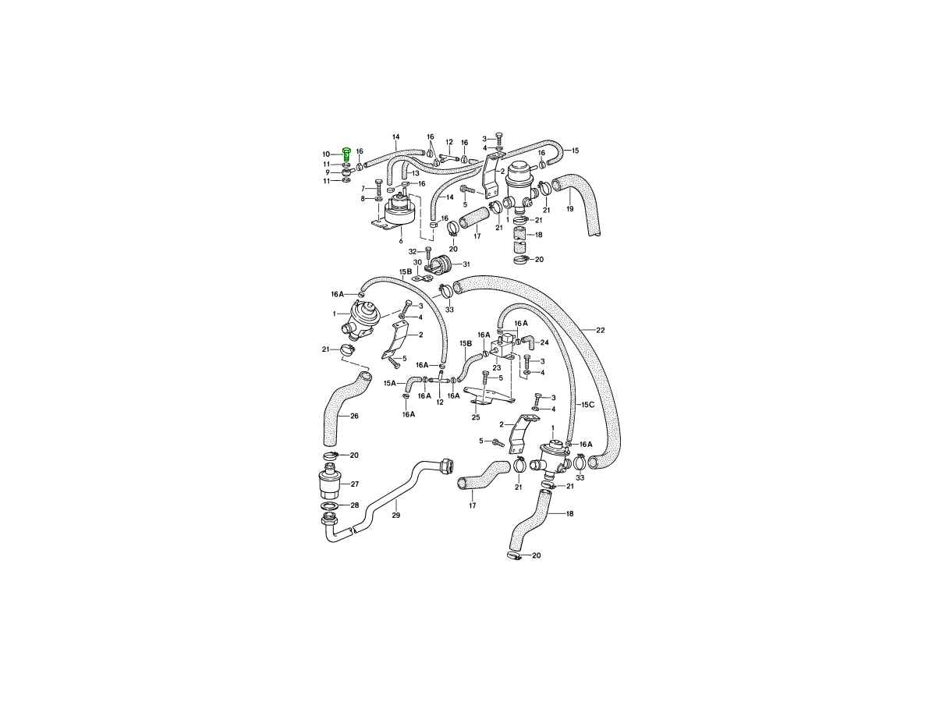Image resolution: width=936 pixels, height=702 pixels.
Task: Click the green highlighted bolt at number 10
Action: pos(346,154)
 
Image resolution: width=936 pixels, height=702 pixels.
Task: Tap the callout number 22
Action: pos(600,330)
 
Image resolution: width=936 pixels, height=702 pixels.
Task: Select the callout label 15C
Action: pos(587,405)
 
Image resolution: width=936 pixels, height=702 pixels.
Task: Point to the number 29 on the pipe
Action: pos(395,515)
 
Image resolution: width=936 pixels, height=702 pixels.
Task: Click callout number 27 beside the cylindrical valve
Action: pos(354,484)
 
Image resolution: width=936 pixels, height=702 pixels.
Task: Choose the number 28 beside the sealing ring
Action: pos(354,505)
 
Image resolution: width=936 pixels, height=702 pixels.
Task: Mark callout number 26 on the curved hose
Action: pos(354,416)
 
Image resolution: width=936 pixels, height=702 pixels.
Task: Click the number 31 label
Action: pos(466,264)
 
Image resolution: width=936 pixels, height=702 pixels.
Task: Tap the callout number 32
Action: pos(413,251)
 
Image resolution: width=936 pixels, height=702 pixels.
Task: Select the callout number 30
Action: pos(417,262)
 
